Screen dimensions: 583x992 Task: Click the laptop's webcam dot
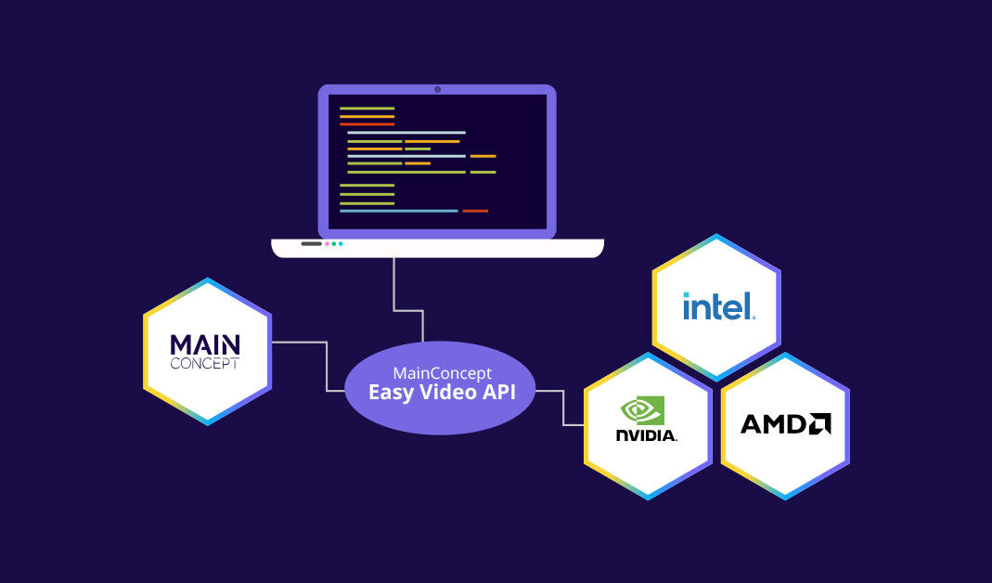437,90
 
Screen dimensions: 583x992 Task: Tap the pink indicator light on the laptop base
327,244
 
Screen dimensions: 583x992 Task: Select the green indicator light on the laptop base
333,244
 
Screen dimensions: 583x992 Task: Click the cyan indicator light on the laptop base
341,244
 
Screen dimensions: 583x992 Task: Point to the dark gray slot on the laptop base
311,244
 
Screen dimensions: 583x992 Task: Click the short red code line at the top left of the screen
367,123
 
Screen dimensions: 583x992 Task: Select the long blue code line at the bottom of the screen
398,211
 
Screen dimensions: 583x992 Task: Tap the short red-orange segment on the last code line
475,211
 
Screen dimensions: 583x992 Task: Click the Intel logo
718,306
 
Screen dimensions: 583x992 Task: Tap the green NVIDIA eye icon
642,410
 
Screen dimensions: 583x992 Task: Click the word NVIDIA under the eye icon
646,434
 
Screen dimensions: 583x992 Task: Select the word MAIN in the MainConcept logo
205,344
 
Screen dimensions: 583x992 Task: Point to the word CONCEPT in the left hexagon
205,364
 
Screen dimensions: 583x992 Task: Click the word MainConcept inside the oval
442,372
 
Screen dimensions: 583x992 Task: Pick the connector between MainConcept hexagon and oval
327,366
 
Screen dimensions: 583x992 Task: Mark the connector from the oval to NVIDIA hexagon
564,408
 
